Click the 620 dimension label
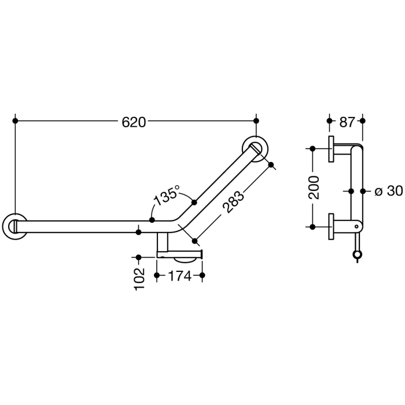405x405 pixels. (134, 122)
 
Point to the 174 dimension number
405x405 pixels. (179, 277)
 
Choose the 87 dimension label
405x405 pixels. (347, 122)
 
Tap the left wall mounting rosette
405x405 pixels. (14, 226)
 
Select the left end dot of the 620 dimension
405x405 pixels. (15, 121)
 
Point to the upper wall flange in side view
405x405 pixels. (331, 149)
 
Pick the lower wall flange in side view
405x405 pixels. (331, 226)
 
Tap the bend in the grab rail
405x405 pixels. (176, 221)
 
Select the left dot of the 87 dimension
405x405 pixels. (329, 121)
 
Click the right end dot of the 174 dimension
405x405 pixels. (202, 277)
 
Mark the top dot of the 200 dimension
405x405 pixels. (313, 149)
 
